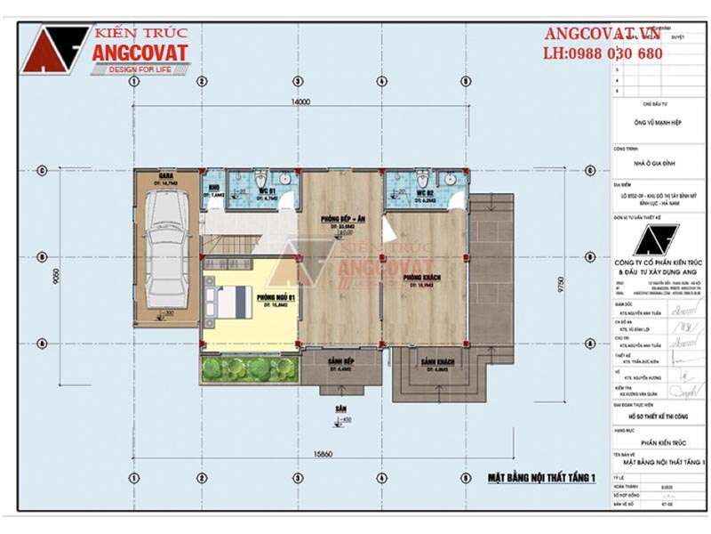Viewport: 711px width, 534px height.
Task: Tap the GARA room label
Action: coord(166,175)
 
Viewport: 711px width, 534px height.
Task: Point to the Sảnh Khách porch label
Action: coord(439,362)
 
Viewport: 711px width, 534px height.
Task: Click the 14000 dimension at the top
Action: coord(300,102)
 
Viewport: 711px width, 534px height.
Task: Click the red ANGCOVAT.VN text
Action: coord(603,34)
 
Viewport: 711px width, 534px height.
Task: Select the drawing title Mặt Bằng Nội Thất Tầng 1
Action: coord(540,479)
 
